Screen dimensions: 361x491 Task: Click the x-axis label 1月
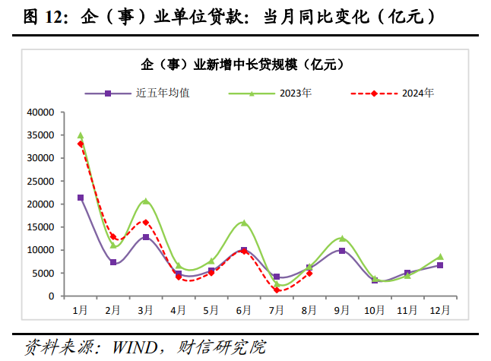coord(80,310)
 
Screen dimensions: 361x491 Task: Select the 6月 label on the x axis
coord(243,310)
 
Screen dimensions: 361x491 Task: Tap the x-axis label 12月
coord(439,310)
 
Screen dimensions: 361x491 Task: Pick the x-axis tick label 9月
coord(341,310)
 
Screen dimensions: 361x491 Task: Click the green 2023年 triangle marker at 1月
coord(81,135)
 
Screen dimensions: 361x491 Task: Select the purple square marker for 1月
coord(81,198)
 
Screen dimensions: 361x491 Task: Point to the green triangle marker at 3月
coord(145,201)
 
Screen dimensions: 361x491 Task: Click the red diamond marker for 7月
coord(277,290)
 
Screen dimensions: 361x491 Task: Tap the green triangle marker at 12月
coord(439,257)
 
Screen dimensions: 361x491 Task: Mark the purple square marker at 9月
coord(341,251)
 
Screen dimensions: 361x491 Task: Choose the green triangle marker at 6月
coord(243,223)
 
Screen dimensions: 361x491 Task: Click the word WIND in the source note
coord(135,347)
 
